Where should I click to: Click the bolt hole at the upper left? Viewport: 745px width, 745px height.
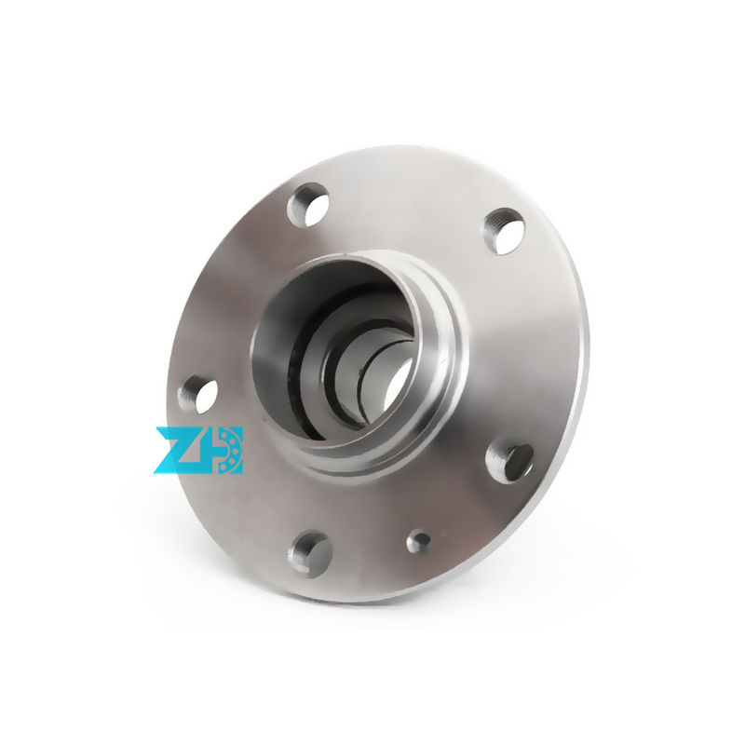coord(309,204)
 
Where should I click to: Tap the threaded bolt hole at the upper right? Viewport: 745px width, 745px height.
coord(504,231)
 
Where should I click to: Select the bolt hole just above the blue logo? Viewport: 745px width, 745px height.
coord(198,394)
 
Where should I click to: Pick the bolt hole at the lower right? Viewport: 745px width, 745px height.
coord(511,461)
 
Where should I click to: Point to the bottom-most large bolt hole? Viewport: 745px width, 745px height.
coord(310,552)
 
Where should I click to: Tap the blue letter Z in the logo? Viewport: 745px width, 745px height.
coord(177,450)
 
